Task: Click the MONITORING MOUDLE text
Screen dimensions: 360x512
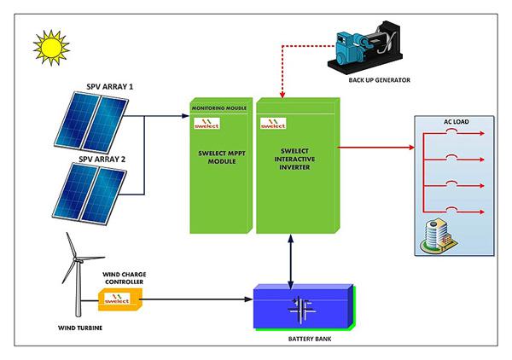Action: point(220,109)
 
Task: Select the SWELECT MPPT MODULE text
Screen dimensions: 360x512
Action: point(220,158)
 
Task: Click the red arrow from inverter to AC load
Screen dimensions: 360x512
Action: point(375,148)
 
